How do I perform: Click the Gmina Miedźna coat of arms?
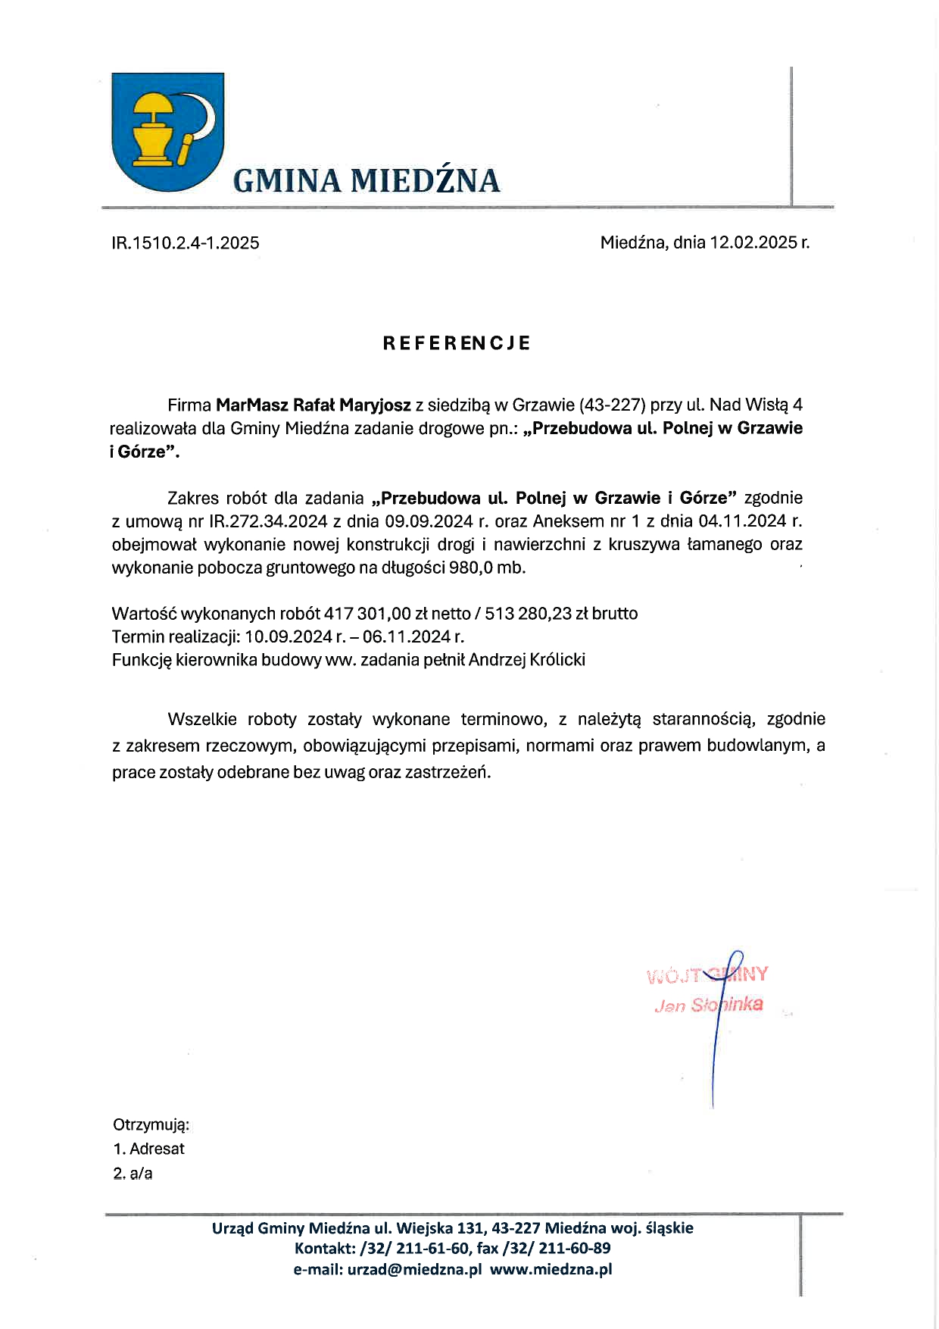[x=167, y=131]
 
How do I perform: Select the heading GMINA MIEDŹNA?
[x=367, y=181]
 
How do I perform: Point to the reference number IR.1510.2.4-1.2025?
[x=186, y=243]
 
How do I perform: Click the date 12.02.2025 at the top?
[x=753, y=242]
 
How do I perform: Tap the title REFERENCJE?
[x=456, y=343]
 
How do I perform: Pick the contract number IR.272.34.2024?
[x=268, y=521]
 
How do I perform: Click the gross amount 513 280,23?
[x=528, y=614]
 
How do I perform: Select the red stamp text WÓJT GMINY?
[x=707, y=974]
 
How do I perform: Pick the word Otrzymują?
[x=151, y=1124]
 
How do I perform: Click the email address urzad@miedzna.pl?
[x=414, y=1270]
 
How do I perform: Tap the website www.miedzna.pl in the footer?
[x=551, y=1270]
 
